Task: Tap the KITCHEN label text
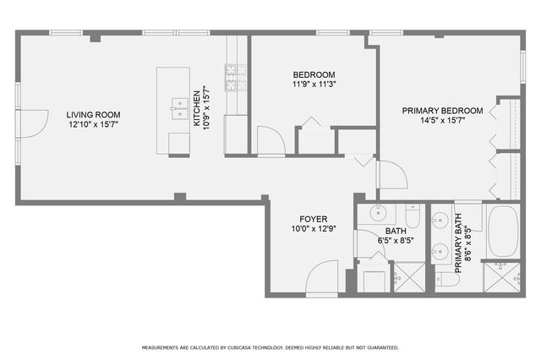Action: click(x=197, y=108)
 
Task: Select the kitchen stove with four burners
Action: click(x=235, y=78)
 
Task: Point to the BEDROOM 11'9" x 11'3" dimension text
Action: click(x=314, y=84)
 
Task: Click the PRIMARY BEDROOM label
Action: click(x=442, y=111)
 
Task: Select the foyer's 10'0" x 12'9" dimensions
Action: click(x=314, y=228)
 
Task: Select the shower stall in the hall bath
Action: click(x=410, y=277)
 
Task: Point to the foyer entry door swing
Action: click(x=323, y=276)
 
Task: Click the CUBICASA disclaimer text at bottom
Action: click(x=270, y=347)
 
